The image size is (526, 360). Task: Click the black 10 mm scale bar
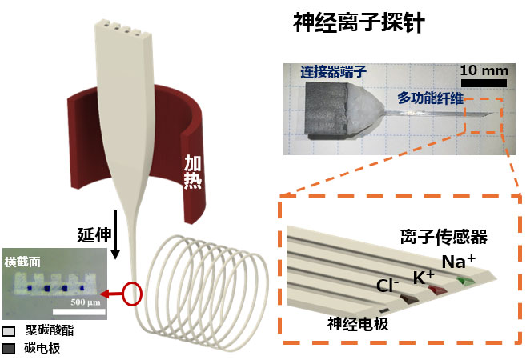[x=483, y=81]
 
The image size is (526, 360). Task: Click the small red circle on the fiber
[x=134, y=294]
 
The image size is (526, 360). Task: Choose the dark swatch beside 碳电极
[x=10, y=349]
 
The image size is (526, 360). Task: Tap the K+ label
[x=424, y=277]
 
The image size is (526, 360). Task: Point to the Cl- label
[x=390, y=286]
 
